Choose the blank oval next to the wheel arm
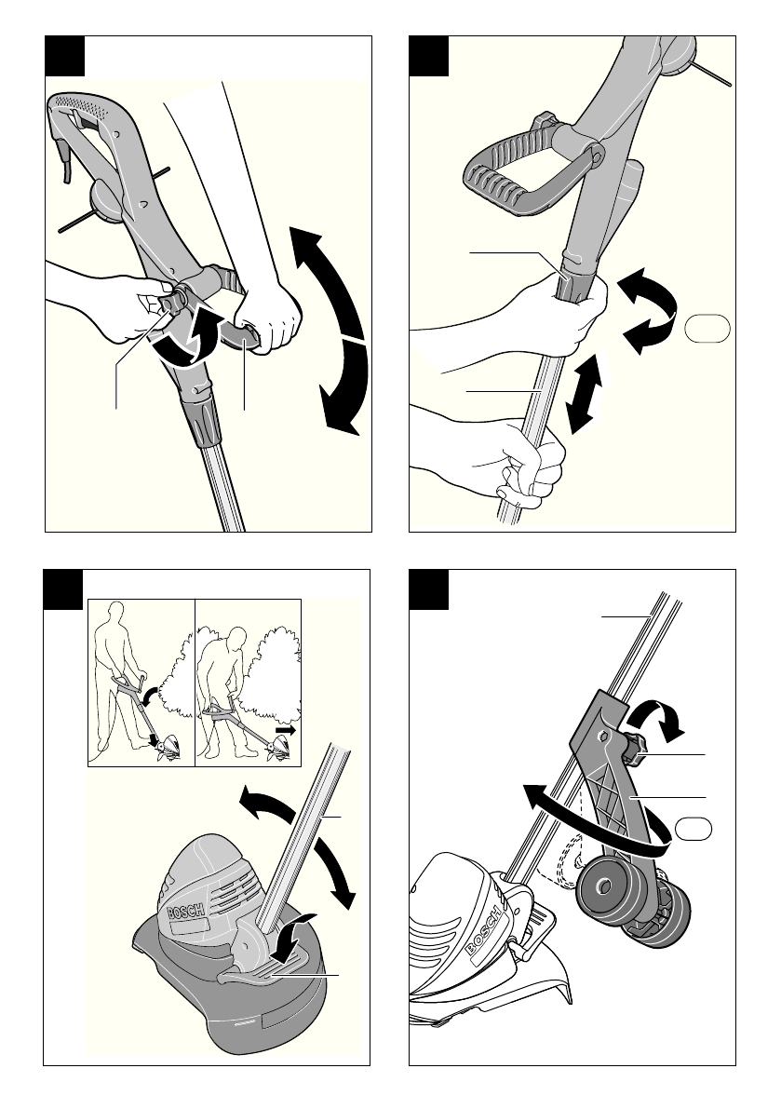693,830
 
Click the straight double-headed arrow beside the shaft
586,393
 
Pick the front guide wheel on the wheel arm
603,889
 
